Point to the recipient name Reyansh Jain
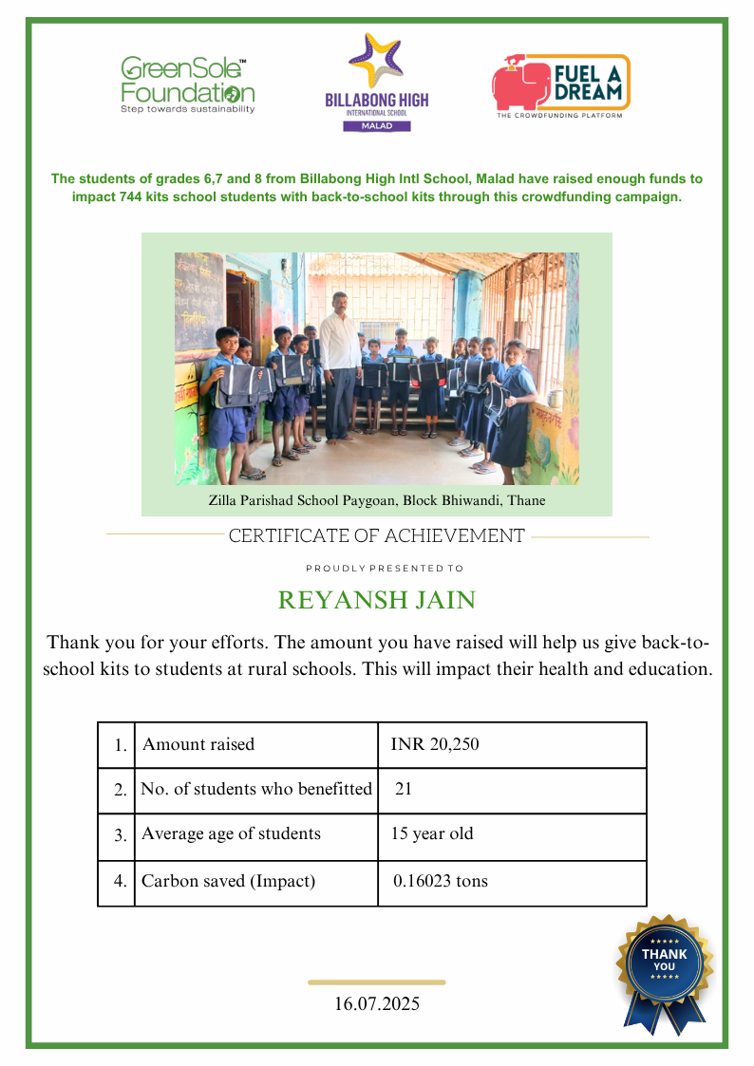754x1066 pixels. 377,601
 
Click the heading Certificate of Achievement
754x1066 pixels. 377,536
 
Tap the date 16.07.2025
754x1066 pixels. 377,1003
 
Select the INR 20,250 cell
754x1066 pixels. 435,744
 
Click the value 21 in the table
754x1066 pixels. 403,789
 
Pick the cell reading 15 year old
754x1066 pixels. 432,834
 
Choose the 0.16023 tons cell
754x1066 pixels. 441,881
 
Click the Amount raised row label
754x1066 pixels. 198,744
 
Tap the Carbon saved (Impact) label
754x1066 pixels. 228,881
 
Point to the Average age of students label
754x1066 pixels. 231,834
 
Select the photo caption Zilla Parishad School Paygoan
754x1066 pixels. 377,500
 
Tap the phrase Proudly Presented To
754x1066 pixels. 385,569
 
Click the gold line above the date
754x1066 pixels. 377,982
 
